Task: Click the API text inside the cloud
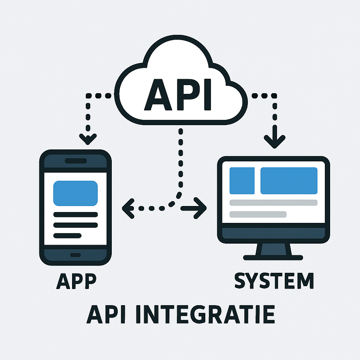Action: (179, 94)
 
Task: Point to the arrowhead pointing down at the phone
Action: (88, 139)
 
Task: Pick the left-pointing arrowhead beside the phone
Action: (127, 208)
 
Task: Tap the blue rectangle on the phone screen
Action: (75, 193)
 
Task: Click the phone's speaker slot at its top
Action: (75, 161)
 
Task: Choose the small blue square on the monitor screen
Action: (242, 181)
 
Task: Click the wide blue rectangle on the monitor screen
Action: (289, 181)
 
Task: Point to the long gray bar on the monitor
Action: (273, 202)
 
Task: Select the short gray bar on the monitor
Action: (258, 214)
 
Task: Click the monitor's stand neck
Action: (274, 249)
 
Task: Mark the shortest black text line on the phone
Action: (67, 236)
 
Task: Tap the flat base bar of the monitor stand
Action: (274, 258)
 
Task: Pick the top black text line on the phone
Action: (75, 214)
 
